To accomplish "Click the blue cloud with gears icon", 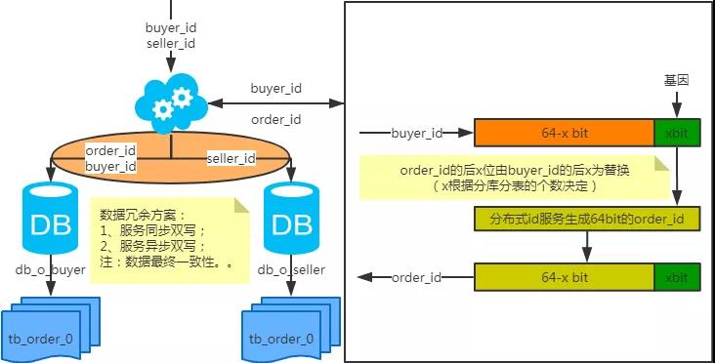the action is tap(171, 103).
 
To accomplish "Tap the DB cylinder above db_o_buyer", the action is tap(50, 218).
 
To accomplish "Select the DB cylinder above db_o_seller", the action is tap(291, 218).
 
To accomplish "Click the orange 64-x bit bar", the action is tap(565, 133).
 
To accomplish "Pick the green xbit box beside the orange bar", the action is tap(677, 133).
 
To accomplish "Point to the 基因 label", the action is tap(676, 81).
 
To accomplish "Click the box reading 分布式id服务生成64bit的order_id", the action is tap(587, 219).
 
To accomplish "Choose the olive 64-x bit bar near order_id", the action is tap(565, 277).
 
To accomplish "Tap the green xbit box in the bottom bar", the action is tap(677, 277).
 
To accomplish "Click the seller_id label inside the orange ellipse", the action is tap(231, 158).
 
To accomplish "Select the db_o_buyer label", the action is tap(50, 269).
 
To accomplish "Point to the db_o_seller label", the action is tap(291, 269).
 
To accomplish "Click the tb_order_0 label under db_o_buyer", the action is tap(41, 339).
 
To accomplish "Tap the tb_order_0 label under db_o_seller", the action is tap(281, 339).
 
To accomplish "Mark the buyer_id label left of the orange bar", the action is tap(417, 133).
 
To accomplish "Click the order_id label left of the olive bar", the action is tap(416, 277).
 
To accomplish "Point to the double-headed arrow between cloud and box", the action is tap(275, 103).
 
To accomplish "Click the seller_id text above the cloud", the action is tap(171, 43).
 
